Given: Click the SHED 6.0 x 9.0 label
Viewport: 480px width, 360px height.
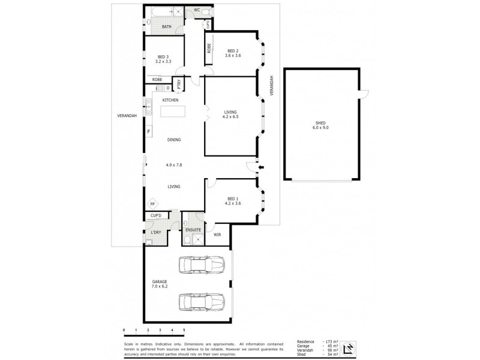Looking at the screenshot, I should point(320,124).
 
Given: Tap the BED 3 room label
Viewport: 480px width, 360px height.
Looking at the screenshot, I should point(163,59).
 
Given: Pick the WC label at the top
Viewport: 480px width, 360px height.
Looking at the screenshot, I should point(196,10).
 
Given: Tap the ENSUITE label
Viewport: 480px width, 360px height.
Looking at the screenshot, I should point(193,229).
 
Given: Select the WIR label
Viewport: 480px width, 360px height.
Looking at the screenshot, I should point(217,235).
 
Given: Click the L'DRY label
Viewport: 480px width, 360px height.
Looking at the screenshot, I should point(156,232).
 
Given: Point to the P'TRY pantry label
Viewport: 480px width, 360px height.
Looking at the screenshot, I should point(178,85).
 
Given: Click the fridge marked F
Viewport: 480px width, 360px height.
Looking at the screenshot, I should point(148,131).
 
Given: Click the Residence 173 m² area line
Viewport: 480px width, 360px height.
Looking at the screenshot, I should point(318,341).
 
